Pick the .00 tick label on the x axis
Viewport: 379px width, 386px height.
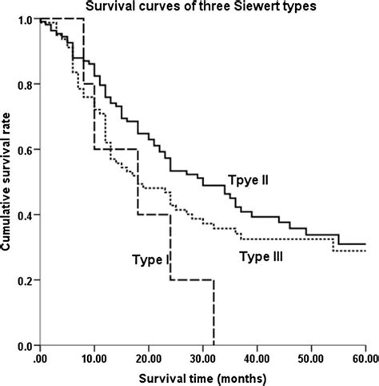[x=40, y=359]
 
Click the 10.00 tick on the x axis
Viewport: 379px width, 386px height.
[x=94, y=359]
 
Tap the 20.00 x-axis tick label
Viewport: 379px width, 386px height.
[x=149, y=359]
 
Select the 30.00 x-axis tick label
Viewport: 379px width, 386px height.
[x=203, y=359]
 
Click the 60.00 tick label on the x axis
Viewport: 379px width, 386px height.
[x=364, y=359]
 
